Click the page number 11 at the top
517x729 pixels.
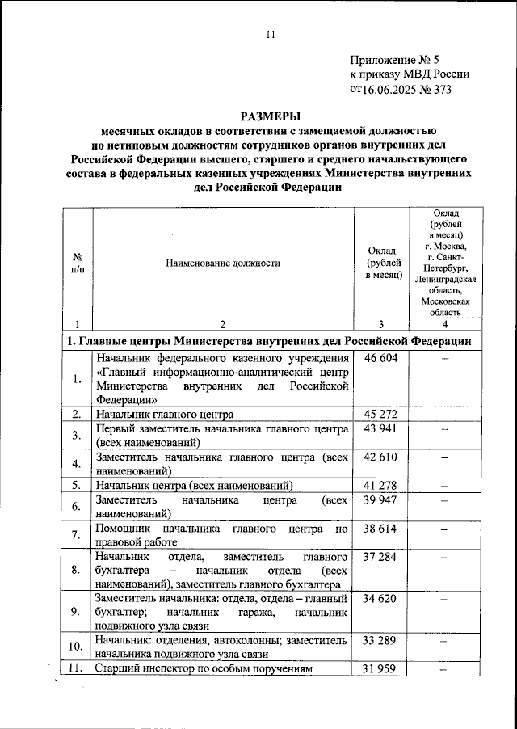click(271, 33)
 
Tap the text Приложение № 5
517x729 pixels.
click(395, 60)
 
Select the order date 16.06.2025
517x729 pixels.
click(385, 90)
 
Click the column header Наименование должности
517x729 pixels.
click(223, 263)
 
